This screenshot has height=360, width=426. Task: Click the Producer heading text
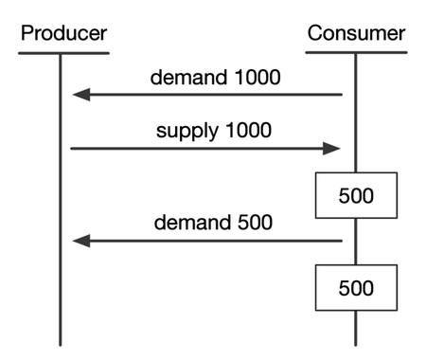63,33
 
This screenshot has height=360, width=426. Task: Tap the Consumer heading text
356,33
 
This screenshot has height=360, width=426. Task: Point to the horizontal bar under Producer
60,53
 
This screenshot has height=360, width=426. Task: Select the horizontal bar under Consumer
356,53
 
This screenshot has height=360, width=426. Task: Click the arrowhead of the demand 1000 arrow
81,95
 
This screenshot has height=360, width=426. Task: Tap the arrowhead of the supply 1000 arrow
331,148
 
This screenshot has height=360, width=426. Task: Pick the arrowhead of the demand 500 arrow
81,242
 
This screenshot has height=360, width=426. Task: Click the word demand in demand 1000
186,77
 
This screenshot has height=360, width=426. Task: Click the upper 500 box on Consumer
356,196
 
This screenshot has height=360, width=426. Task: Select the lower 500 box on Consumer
356,287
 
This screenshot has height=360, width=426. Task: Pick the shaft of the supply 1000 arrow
199,148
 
